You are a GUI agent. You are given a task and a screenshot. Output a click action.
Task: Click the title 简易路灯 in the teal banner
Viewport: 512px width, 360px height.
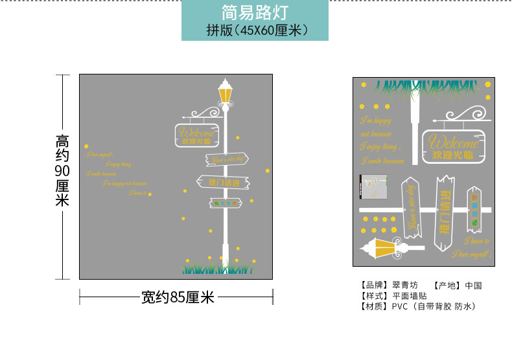click(x=254, y=12)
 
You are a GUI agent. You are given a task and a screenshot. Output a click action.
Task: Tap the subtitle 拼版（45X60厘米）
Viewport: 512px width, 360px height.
click(x=254, y=30)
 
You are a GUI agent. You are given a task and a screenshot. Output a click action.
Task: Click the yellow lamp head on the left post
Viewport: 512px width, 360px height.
click(x=226, y=93)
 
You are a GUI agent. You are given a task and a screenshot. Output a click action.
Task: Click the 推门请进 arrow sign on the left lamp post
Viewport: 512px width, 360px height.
click(x=223, y=183)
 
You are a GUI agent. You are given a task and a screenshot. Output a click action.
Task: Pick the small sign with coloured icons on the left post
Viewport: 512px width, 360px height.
click(x=226, y=203)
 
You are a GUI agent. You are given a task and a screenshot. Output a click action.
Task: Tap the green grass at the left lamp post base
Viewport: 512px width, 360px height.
click(x=218, y=264)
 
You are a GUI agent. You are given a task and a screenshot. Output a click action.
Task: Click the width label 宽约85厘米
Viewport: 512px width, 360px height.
click(x=178, y=297)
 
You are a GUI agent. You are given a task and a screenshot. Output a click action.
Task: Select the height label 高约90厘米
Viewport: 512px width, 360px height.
click(x=62, y=170)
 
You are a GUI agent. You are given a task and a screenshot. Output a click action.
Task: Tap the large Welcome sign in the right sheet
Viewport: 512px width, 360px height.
click(x=455, y=147)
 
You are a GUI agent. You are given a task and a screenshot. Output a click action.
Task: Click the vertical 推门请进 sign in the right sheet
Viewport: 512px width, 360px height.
click(x=445, y=212)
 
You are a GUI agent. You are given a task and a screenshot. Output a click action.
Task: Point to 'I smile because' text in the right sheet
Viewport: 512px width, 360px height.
click(x=382, y=161)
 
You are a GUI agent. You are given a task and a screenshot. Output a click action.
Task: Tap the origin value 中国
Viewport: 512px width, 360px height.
click(x=474, y=286)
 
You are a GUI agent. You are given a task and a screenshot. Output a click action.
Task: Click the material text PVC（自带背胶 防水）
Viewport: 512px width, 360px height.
click(x=433, y=306)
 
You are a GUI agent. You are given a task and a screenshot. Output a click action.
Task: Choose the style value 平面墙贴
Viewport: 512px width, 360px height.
click(x=410, y=296)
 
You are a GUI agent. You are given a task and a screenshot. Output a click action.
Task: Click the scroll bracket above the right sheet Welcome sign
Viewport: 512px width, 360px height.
click(x=453, y=117)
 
